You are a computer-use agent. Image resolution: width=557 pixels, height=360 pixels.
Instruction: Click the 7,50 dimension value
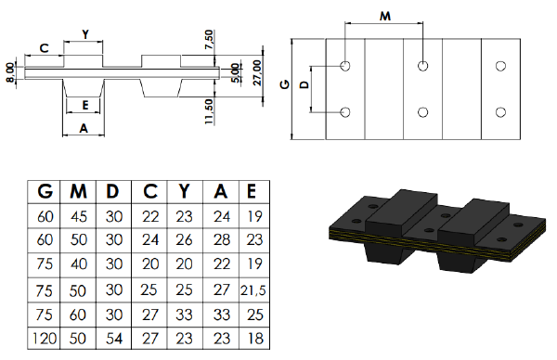210,40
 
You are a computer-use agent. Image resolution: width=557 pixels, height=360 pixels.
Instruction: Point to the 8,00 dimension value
10,72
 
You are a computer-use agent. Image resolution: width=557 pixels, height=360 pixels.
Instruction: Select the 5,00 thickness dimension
235,73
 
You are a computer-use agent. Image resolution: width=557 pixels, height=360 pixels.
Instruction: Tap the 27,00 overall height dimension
257,72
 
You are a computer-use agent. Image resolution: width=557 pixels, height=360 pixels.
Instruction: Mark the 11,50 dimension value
209,111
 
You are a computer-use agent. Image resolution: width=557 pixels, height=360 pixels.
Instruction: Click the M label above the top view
385,16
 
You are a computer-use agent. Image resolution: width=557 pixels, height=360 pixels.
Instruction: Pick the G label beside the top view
285,84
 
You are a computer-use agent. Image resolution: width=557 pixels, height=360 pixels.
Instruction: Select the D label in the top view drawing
304,84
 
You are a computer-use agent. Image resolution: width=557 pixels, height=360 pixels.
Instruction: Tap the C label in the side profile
44,48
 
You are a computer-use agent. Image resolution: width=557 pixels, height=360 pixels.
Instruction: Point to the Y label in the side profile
85,34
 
